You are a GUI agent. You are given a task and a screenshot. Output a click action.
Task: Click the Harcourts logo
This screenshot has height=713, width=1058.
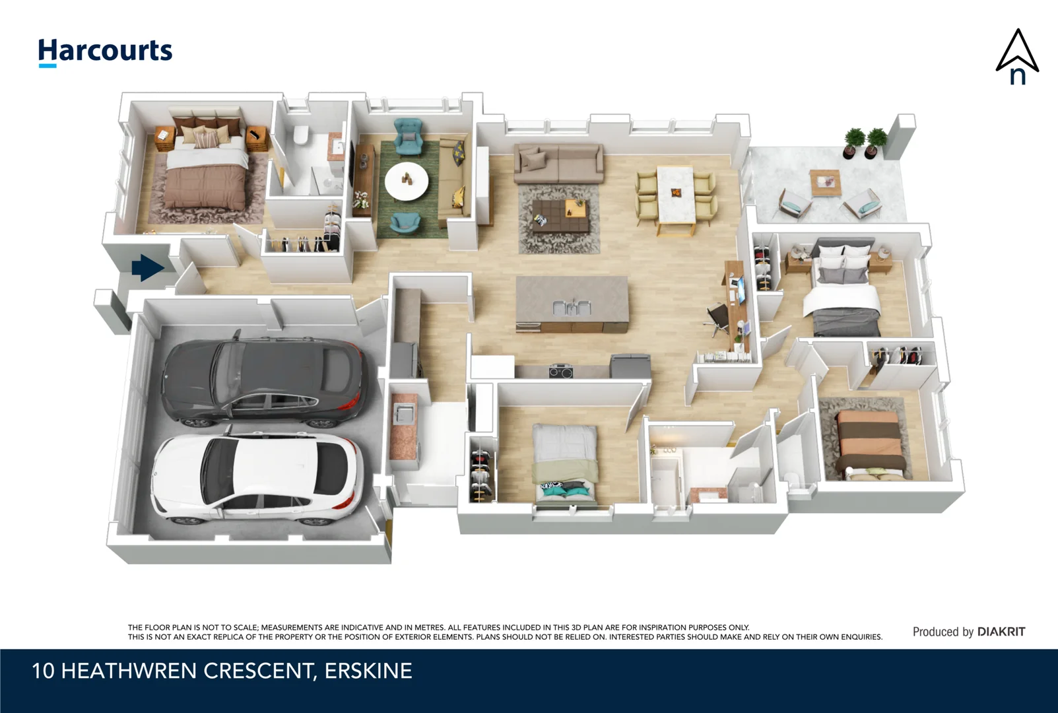click(105, 51)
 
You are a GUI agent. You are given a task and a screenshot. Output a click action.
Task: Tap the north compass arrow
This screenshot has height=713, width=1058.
click(1017, 57)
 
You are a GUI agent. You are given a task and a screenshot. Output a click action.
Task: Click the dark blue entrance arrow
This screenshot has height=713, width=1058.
click(147, 268)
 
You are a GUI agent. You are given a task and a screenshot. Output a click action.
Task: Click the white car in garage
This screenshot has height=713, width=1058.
click(257, 477)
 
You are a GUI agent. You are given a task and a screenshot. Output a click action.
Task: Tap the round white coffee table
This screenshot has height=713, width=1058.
click(407, 180)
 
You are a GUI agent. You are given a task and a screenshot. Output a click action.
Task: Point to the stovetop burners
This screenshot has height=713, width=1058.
click(560, 371)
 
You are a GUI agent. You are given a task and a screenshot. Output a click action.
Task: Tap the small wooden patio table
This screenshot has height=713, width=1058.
click(825, 182)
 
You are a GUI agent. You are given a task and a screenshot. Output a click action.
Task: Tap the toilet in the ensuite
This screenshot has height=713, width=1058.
click(300, 135)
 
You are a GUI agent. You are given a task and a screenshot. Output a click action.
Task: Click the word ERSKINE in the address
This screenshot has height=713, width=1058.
click(368, 671)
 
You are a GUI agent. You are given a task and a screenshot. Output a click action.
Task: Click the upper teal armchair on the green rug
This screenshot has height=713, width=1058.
click(409, 133)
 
